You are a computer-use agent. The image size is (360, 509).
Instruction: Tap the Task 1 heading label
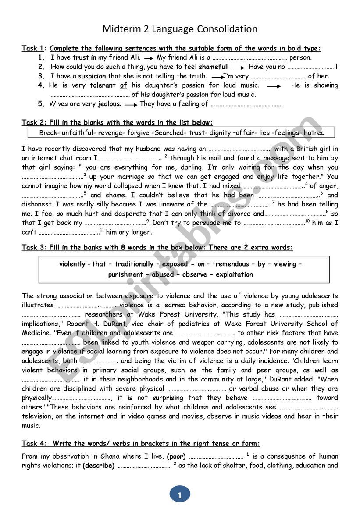pos(34,48)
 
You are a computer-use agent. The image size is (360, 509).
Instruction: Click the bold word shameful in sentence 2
pos(213,67)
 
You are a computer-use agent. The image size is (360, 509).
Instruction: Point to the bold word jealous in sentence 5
pos(109,104)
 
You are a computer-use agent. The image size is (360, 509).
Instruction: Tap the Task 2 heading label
pos(34,123)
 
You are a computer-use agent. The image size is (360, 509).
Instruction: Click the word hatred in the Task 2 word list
pos(314,132)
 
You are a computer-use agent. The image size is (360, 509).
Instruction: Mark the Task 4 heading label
pos(34,444)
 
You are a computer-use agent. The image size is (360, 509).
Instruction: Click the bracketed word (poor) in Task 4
pos(176,456)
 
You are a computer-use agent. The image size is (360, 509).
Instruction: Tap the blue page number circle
pos(179,495)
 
